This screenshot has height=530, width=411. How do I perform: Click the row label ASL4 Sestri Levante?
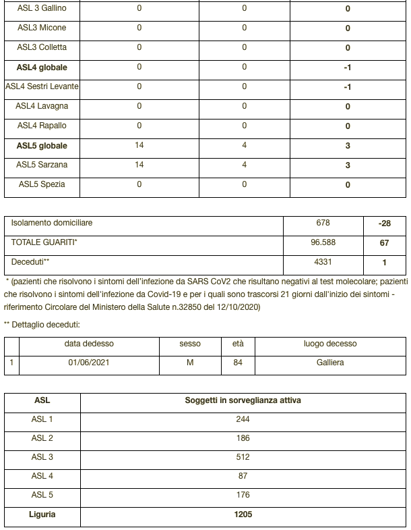tap(42, 86)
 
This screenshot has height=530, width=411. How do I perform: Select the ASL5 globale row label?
tap(42, 146)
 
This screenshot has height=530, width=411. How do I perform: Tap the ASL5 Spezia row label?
tap(42, 184)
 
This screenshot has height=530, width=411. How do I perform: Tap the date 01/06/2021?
tap(89, 363)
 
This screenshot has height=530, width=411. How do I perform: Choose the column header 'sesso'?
tap(190, 344)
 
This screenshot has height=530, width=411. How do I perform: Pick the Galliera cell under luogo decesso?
tap(330, 363)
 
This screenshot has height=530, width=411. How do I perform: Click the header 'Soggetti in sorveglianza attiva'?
tap(243, 400)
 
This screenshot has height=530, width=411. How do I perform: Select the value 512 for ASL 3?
tap(243, 457)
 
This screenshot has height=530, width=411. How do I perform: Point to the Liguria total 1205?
tap(243, 514)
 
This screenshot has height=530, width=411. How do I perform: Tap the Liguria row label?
tap(42, 514)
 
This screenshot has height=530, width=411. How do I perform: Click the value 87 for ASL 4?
tap(243, 476)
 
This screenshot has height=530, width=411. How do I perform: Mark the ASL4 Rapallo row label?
tap(42, 126)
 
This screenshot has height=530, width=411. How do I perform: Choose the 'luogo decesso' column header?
tap(330, 344)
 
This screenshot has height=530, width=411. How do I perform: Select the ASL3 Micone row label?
tap(42, 28)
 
